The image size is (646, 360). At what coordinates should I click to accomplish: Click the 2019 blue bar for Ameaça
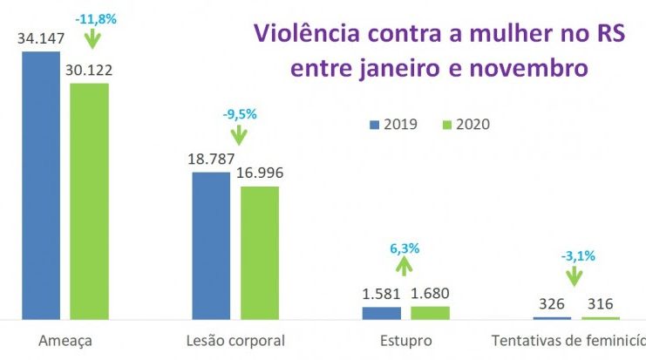41,185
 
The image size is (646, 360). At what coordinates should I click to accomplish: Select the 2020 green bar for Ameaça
89,200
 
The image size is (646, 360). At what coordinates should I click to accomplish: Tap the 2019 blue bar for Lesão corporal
211,245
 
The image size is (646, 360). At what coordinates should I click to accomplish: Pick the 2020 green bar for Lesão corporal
260,253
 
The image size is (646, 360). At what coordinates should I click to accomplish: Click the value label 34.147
40,38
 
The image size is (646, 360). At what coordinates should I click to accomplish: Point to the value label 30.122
90,70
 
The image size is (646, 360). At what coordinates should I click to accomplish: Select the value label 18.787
210,159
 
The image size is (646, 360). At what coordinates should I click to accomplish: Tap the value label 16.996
260,173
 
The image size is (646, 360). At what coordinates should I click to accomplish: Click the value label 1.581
381,293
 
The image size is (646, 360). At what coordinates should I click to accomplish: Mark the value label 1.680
431,293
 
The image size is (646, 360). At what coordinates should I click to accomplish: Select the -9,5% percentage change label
239,113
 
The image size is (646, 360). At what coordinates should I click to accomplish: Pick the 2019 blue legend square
375,124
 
